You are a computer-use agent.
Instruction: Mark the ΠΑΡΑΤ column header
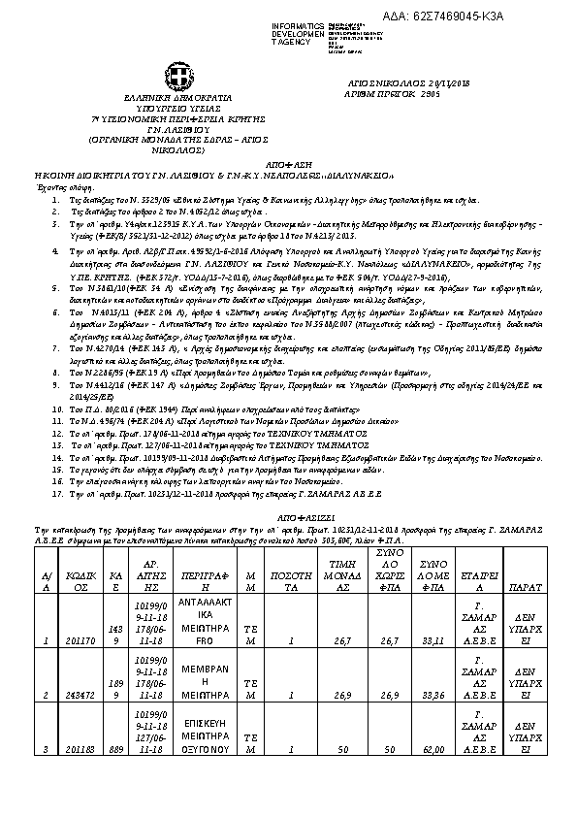pos(525,587)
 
